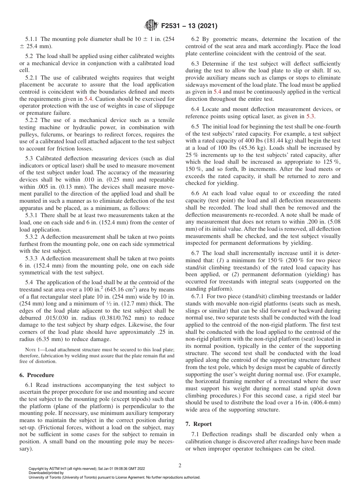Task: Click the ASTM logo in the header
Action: pos(151,26)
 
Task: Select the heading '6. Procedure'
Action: pos(37,375)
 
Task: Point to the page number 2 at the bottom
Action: pos(180,465)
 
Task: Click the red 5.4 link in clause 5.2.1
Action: pos(88,98)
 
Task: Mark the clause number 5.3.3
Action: pos(32,258)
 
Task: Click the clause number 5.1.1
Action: pos(32,39)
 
